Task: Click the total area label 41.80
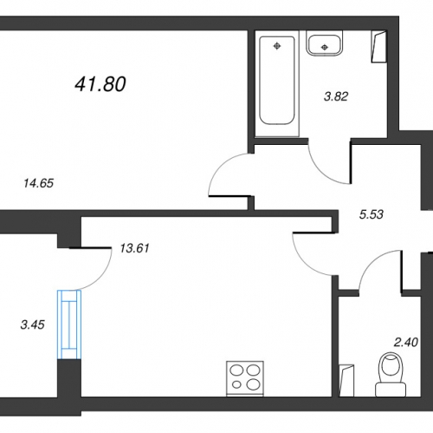click(100, 84)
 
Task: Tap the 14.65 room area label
click(39, 183)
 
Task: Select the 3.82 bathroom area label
click(336, 96)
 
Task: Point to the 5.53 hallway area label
click(372, 214)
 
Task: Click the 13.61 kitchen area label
click(134, 248)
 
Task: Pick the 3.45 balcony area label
click(33, 325)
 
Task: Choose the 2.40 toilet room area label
click(406, 343)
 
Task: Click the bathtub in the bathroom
click(277, 81)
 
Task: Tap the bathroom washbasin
click(325, 45)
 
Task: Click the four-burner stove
click(245, 378)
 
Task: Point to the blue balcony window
click(69, 325)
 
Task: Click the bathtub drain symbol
click(277, 45)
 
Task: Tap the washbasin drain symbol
click(325, 47)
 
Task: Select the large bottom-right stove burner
click(254, 384)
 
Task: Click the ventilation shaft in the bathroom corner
click(379, 46)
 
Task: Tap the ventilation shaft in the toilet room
click(346, 380)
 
